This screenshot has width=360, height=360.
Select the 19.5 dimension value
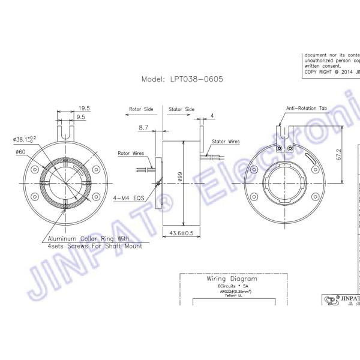click(84, 109)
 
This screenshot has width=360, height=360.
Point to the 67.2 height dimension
click(339, 155)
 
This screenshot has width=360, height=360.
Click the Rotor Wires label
click(131, 153)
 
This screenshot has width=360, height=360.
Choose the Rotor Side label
click(142, 110)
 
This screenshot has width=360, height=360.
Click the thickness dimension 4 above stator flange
click(212, 115)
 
